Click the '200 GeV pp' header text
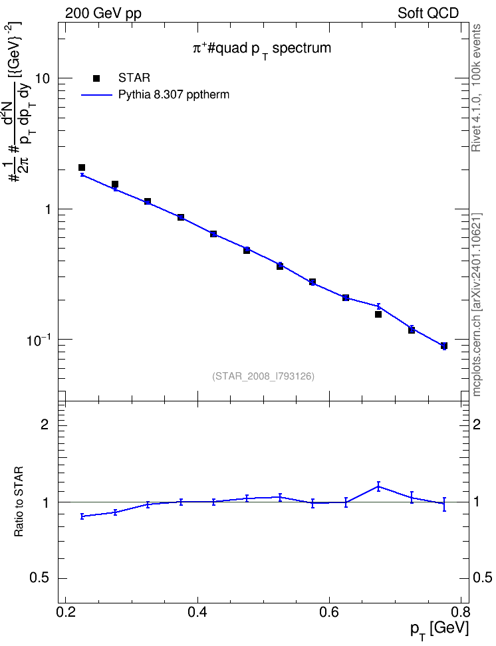pos(103,13)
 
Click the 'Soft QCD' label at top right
pos(428,13)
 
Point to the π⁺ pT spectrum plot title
pos(262,49)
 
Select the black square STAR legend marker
pos(96,78)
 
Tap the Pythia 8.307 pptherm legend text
pos(174,95)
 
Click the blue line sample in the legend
pos(97,95)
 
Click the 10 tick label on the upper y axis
pos(43,78)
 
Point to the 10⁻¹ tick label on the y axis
pos(39,340)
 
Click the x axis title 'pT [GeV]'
pos(439,630)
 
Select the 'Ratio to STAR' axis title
pos(19,502)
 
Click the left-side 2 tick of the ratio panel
pos(45,424)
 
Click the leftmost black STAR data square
pos(82,167)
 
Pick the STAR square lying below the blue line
pos(378,314)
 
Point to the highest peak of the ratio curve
pos(378,486)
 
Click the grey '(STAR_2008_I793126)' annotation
pos(263,376)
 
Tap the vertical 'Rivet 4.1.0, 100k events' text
pos(476,88)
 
